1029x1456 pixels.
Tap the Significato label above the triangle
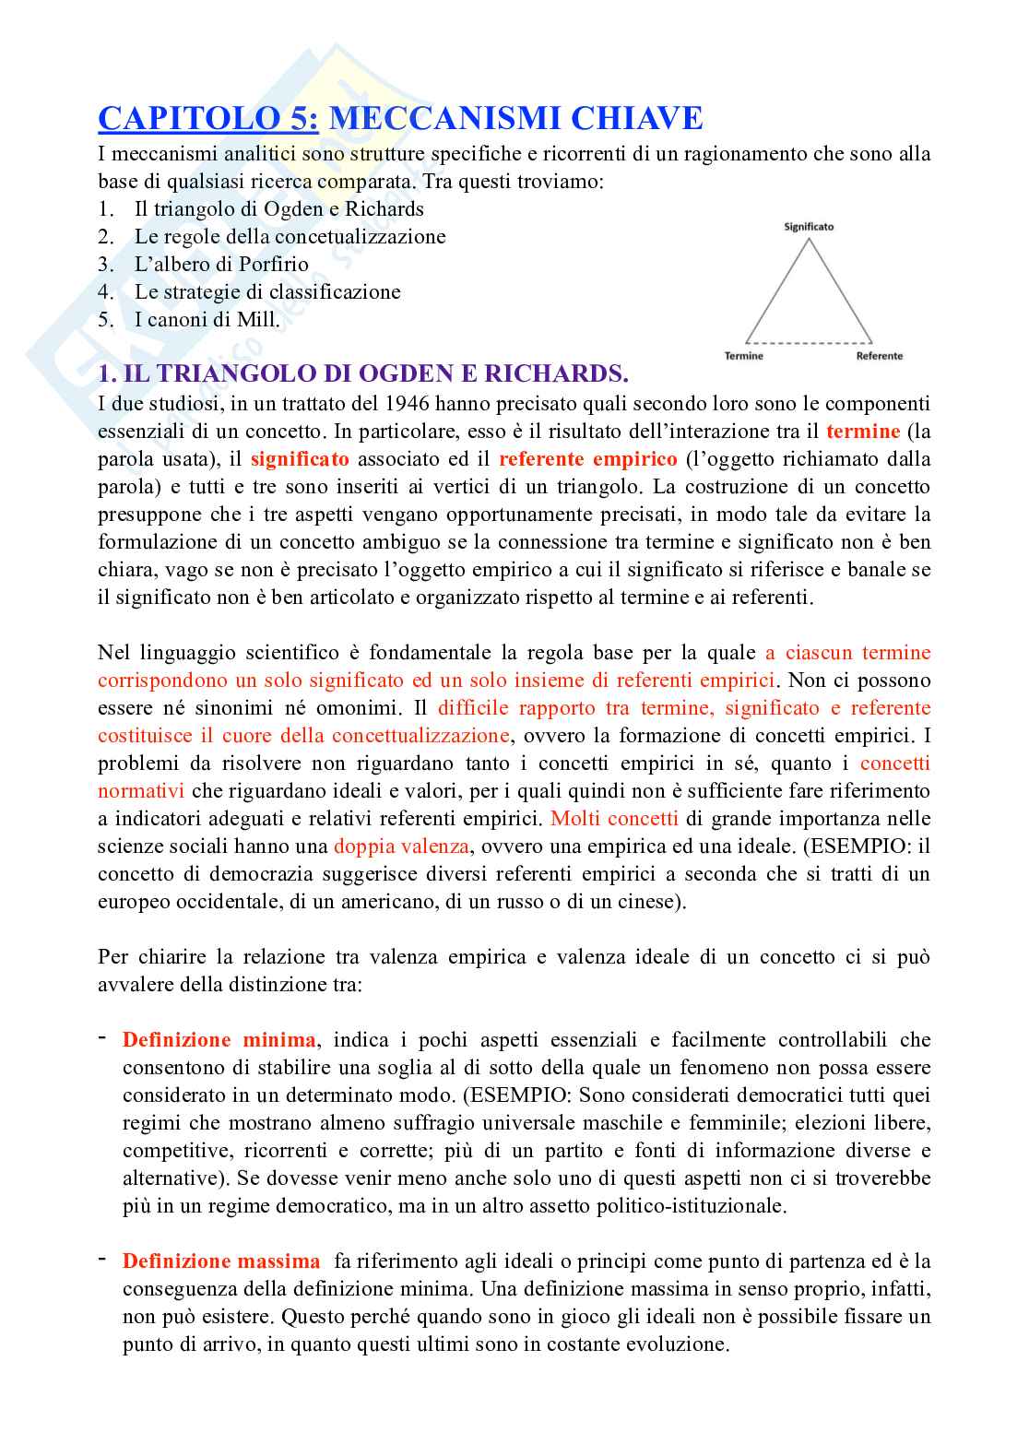[x=809, y=226]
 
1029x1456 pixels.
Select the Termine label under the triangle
[x=744, y=356]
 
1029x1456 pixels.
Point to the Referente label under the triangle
[x=879, y=356]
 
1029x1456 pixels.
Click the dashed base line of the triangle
[x=809, y=341]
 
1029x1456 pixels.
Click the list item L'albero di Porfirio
[x=221, y=264]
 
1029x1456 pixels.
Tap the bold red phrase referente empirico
[x=587, y=458]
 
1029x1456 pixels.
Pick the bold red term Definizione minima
[x=219, y=1039]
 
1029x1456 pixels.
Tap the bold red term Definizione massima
[x=221, y=1261]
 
